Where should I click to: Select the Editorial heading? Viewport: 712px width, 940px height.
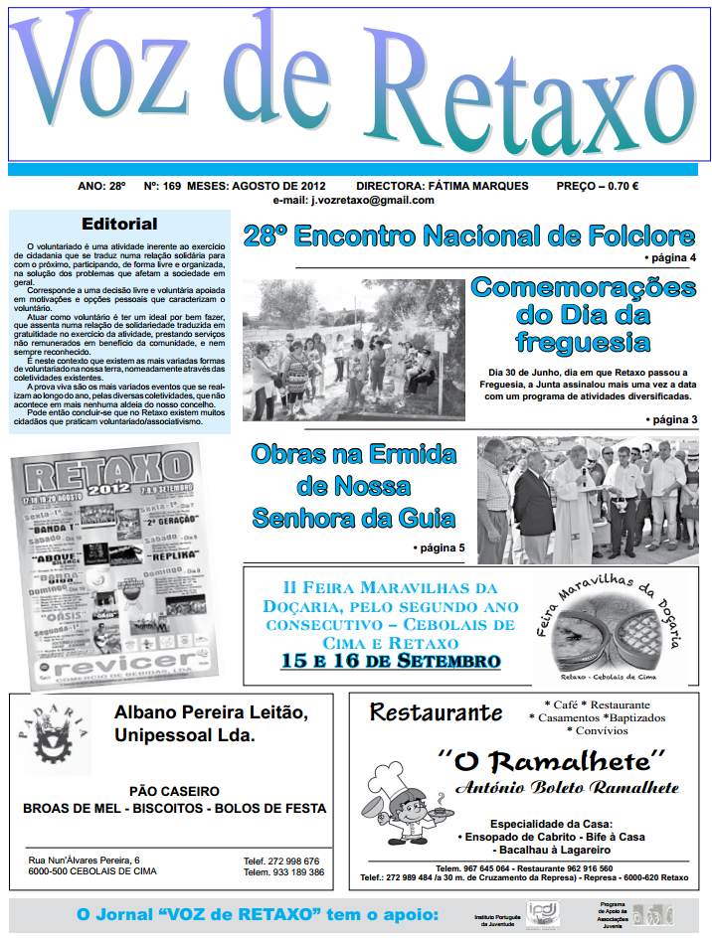[x=119, y=225]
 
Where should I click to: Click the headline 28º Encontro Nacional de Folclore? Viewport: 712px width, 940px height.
[x=468, y=236]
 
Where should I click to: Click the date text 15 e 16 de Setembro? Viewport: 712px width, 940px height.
[x=390, y=661]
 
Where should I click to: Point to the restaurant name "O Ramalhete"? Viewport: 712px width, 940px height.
[x=551, y=762]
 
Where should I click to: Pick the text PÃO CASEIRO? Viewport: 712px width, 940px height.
[x=174, y=791]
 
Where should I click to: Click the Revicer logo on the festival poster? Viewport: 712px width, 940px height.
[x=110, y=662]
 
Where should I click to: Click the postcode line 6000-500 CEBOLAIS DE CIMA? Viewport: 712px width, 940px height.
[x=92, y=871]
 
